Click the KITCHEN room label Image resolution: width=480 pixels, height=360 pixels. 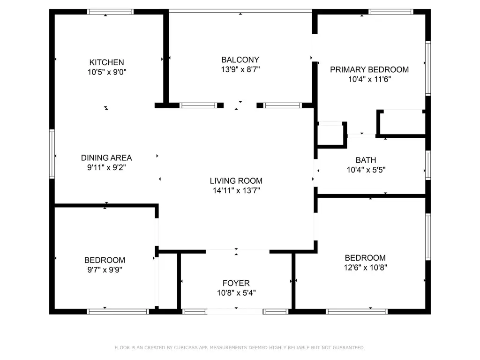click(x=106, y=62)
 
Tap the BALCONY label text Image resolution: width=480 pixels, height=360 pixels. click(x=240, y=60)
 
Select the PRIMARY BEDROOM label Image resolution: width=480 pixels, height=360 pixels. click(x=369, y=70)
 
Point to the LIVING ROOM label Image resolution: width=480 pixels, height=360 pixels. click(x=236, y=181)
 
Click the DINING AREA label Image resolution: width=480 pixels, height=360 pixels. click(x=106, y=158)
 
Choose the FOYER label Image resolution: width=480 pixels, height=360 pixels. click(x=236, y=283)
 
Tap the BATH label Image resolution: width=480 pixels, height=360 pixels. click(x=366, y=160)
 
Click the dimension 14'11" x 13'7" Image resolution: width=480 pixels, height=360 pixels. click(x=236, y=190)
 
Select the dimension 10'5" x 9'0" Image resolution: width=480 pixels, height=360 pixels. click(x=107, y=72)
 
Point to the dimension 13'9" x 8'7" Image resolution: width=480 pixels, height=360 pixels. click(x=240, y=69)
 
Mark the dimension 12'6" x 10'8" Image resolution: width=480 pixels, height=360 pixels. click(x=365, y=268)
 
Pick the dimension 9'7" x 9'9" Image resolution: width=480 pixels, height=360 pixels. click(x=105, y=270)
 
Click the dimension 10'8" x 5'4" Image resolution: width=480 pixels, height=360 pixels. click(x=236, y=293)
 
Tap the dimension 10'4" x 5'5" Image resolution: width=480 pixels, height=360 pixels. click(x=366, y=170)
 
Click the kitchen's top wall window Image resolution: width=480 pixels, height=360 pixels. click(x=110, y=12)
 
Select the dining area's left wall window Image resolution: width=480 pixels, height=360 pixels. click(x=52, y=154)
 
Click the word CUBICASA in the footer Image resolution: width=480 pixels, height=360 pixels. click(x=186, y=348)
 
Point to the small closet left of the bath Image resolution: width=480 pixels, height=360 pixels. click(x=331, y=135)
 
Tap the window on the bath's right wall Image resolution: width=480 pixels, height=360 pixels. click(x=428, y=165)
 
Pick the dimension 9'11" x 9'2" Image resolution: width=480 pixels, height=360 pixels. click(x=106, y=167)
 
